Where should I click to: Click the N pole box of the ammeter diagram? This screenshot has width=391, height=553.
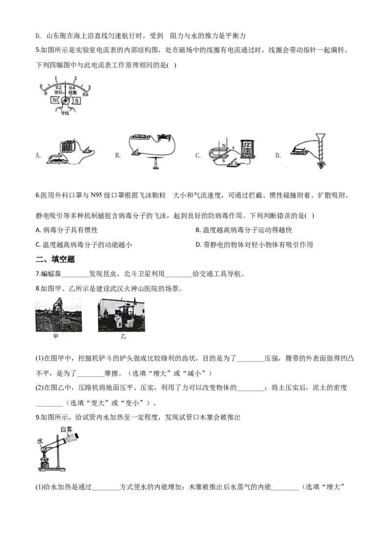click(x=55, y=100)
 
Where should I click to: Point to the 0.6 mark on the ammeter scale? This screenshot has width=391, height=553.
click(x=86, y=94)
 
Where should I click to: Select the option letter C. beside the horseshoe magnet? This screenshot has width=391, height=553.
click(x=198, y=155)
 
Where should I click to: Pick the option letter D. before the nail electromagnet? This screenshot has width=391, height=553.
click(x=278, y=155)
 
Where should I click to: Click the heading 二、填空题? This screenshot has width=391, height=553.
click(x=55, y=259)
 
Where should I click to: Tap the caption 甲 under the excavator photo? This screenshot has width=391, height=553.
click(x=56, y=337)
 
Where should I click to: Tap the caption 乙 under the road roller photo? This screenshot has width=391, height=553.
click(x=123, y=337)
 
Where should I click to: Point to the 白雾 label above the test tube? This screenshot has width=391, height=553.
click(x=66, y=429)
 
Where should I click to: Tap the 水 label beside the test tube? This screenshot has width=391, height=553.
click(x=40, y=442)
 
